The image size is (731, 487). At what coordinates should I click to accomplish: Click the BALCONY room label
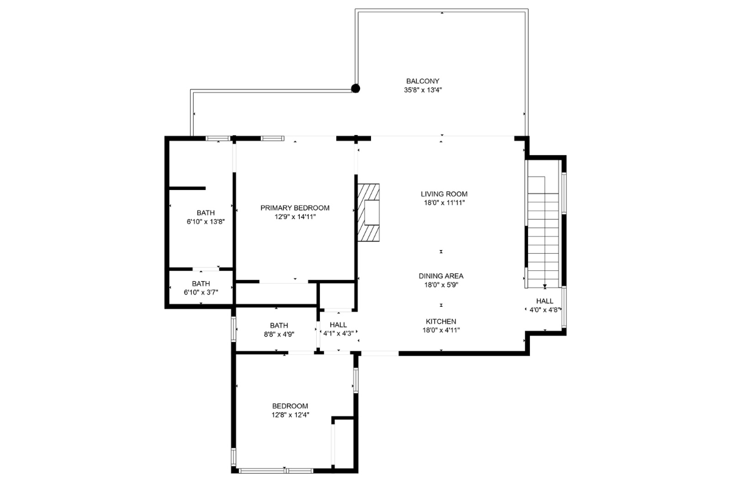423,81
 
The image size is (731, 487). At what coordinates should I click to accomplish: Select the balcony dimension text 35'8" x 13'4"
423,90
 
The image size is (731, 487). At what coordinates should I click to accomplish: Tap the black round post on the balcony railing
355,88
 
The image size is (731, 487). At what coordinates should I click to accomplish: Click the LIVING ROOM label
444,194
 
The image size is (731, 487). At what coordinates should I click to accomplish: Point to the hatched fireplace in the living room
369,212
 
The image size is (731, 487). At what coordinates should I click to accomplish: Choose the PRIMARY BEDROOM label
295,208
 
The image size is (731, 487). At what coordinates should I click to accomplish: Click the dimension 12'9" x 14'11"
295,217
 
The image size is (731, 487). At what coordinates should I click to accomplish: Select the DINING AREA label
441,276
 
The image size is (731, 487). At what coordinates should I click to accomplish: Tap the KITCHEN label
441,321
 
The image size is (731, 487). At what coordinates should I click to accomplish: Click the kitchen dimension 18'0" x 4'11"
441,330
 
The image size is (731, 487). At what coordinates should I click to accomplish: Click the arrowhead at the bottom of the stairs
545,287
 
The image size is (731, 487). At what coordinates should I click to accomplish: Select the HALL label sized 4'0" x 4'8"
545,301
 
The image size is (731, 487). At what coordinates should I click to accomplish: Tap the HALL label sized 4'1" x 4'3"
338,325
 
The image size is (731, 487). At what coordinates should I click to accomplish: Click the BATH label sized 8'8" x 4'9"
279,326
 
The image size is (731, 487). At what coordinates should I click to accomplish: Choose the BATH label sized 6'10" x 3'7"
201,284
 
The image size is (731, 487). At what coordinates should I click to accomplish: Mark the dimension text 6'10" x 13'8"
206,222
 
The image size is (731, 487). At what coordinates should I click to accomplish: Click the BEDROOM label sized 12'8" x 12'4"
290,406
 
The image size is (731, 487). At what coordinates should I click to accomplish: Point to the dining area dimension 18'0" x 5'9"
441,285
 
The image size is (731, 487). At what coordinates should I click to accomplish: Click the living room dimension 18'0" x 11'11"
444,203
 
